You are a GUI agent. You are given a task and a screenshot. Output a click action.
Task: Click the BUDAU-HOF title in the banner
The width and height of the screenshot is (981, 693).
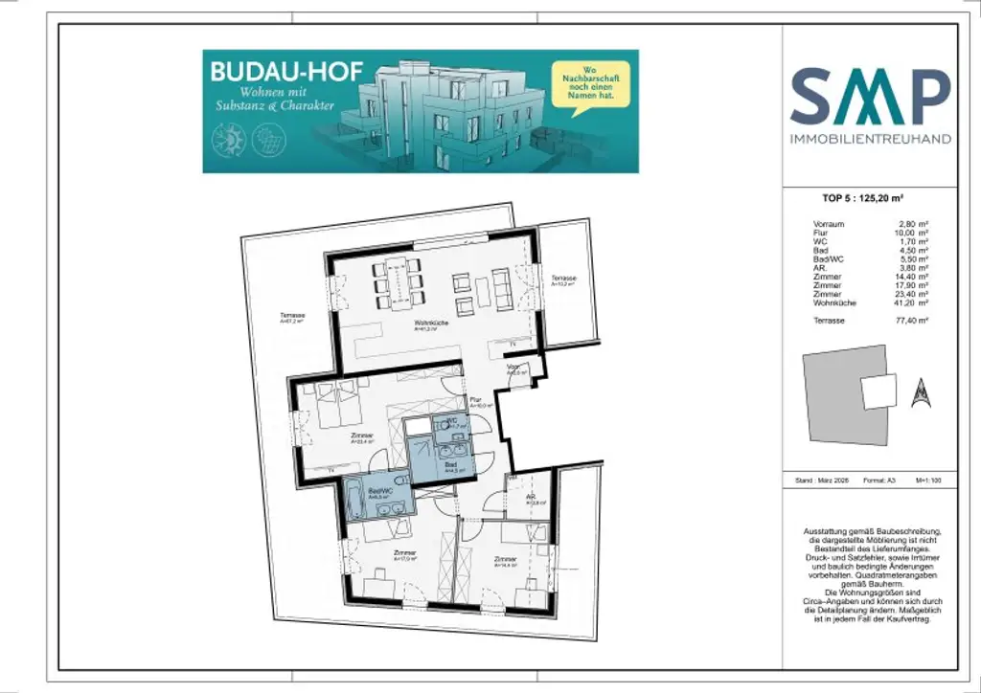271,73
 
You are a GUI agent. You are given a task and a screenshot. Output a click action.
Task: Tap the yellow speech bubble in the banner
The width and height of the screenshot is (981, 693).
584,84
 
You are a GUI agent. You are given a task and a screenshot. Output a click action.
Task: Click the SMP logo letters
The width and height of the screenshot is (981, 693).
870,95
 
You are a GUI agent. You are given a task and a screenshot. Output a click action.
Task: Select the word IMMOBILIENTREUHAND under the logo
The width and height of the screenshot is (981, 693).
870,139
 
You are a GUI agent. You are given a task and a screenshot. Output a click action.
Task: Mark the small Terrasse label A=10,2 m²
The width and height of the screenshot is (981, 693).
562,281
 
